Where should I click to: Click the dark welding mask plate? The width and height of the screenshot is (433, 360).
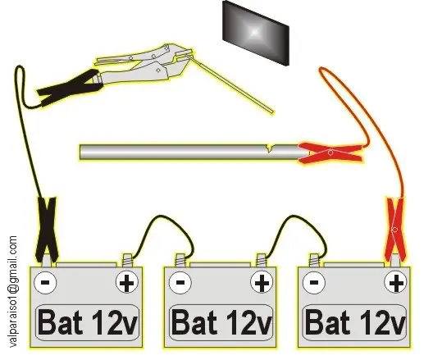(255, 33)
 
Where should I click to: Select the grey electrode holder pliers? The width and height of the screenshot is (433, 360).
(144, 63)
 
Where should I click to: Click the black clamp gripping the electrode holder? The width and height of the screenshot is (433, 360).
(69, 87)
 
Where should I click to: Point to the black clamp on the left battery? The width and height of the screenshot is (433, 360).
(48, 230)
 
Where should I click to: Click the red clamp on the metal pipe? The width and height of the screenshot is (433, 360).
(330, 153)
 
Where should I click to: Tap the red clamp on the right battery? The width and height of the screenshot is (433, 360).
(395, 229)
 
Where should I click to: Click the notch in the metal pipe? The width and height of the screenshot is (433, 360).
(270, 148)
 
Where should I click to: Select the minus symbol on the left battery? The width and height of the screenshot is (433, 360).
(45, 282)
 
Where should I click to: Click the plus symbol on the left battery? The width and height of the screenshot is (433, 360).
(127, 282)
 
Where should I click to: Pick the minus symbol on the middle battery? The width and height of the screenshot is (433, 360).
(180, 282)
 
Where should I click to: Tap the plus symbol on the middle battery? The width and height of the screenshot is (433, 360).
(262, 282)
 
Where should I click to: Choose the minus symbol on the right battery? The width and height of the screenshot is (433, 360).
(314, 282)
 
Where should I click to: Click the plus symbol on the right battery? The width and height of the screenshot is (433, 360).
(396, 282)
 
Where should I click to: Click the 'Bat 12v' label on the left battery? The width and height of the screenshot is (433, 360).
(88, 322)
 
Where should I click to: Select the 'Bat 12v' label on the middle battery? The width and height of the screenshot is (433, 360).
(221, 322)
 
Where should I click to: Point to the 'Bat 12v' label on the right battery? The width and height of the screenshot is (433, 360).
(355, 322)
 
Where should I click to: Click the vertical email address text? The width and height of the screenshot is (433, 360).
(12, 292)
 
